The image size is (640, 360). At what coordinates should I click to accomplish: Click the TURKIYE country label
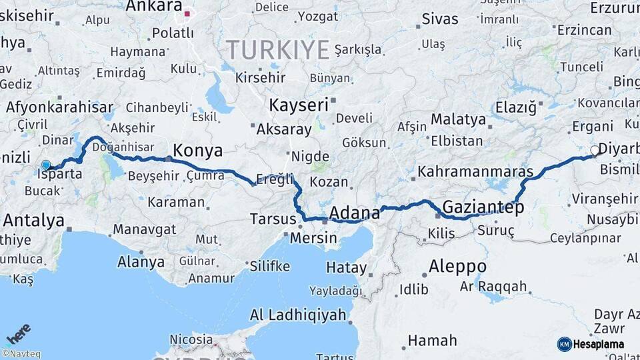coord(278,49)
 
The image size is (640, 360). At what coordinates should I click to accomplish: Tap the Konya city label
coord(197,150)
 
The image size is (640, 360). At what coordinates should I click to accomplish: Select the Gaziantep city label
coord(483,207)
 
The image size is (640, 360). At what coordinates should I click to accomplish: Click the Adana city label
coord(355,213)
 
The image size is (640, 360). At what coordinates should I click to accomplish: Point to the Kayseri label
coord(299,105)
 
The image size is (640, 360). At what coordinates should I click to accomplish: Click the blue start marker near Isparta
coord(46,164)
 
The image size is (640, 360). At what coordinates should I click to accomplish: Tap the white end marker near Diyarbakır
coord(595,151)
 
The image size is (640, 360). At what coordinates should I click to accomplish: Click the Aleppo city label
coord(457,267)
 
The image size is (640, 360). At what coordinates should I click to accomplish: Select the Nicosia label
coord(191,339)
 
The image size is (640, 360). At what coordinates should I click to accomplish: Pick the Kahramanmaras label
coord(475,171)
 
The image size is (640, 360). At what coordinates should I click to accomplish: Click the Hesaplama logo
coord(591,344)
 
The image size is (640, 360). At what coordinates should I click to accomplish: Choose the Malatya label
coord(458,119)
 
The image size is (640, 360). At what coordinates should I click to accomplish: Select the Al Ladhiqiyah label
coord(298,315)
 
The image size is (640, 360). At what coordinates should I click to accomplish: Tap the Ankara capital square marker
coord(188,13)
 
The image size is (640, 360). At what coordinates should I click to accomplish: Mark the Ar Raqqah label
coord(493,287)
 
